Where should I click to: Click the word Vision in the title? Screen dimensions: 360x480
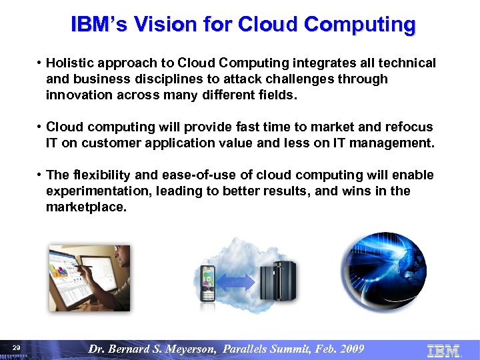158,25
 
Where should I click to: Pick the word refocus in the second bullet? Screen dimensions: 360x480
411,127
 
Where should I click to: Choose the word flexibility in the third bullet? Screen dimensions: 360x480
101,175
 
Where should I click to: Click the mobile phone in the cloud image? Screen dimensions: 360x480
209,283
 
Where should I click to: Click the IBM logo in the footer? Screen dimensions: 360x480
443,349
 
